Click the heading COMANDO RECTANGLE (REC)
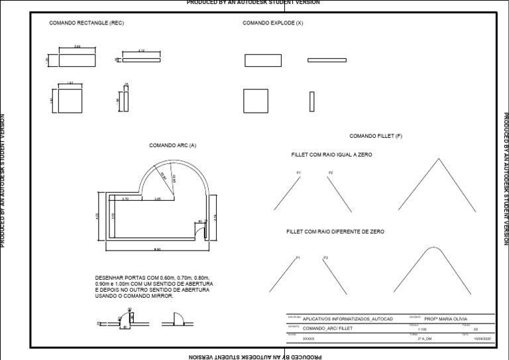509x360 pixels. click(x=86, y=23)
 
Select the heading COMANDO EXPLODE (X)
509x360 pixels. click(x=272, y=23)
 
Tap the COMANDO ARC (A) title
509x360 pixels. click(x=172, y=145)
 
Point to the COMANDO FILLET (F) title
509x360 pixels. click(x=376, y=136)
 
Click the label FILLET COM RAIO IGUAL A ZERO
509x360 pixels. click(x=331, y=154)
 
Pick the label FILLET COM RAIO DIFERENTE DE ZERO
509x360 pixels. click(x=335, y=231)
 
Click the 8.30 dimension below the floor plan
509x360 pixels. click(x=157, y=249)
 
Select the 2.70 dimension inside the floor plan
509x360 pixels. click(x=126, y=198)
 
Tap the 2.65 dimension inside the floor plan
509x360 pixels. click(x=158, y=198)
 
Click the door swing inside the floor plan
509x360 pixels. click(x=198, y=231)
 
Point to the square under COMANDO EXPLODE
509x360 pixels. click(x=255, y=101)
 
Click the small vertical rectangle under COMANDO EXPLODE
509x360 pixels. click(x=311, y=101)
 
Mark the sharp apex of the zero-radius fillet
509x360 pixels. click(x=437, y=159)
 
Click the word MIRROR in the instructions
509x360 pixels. click(x=162, y=296)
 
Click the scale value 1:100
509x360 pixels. click(x=422, y=329)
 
